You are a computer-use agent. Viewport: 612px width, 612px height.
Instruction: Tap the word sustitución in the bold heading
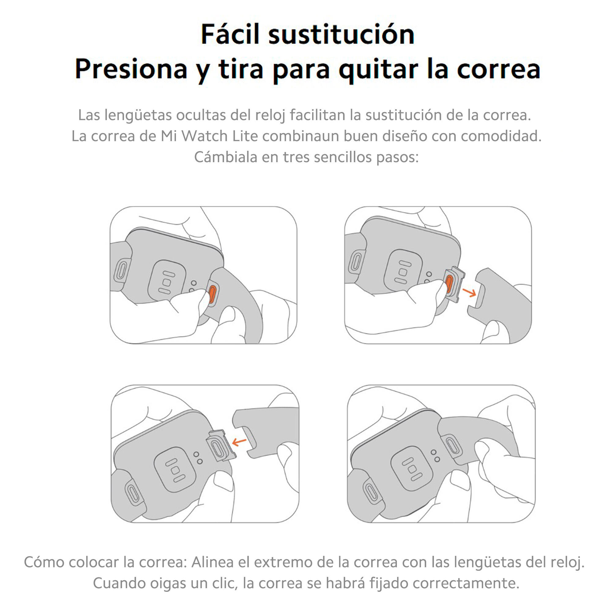341,34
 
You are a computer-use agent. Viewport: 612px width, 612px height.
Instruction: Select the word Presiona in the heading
131,69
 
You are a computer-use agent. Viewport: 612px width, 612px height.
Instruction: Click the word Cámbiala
226,157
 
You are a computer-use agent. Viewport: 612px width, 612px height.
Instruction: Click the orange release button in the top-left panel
212,293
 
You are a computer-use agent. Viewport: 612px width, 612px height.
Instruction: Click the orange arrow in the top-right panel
469,292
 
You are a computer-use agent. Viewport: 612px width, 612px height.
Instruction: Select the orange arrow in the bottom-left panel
239,441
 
